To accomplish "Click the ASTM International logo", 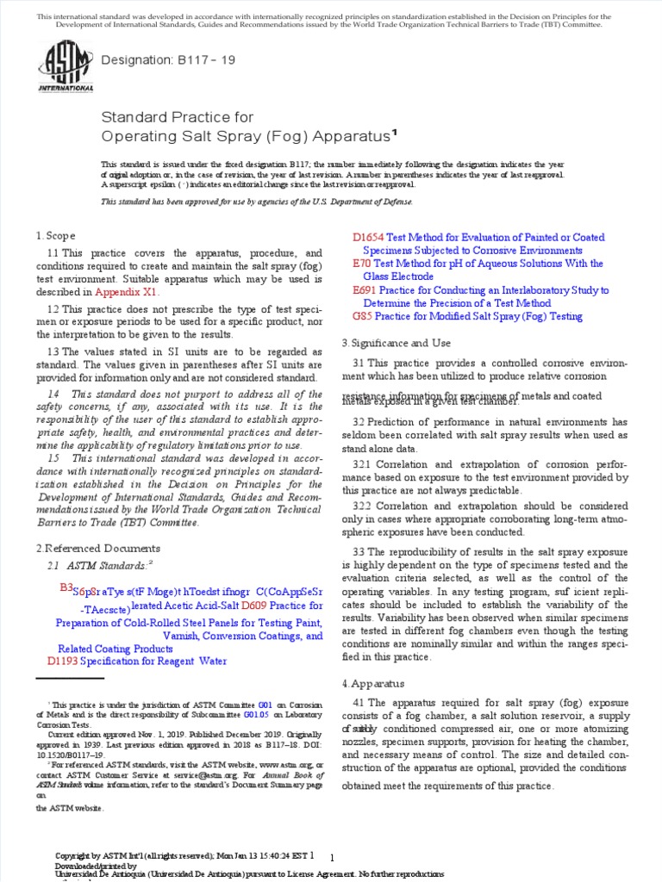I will point(66,67).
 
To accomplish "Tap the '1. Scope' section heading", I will point(56,236).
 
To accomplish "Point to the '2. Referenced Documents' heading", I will point(97,548).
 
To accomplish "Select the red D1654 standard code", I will point(369,238).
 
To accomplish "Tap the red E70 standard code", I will point(362,264).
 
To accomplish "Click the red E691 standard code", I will point(365,291).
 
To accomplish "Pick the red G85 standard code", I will point(363,317).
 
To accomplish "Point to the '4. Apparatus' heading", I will point(372,683).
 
